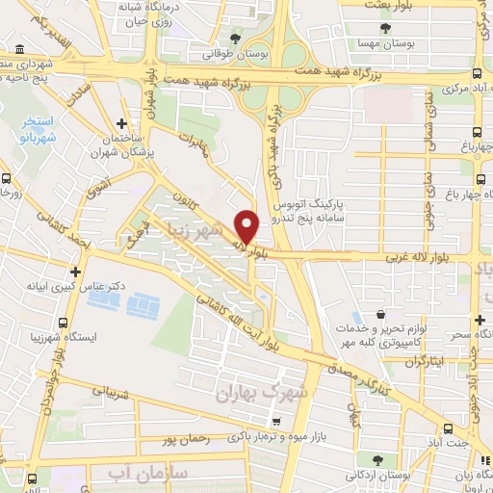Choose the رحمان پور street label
click(186, 438)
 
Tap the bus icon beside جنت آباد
click(448, 429)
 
